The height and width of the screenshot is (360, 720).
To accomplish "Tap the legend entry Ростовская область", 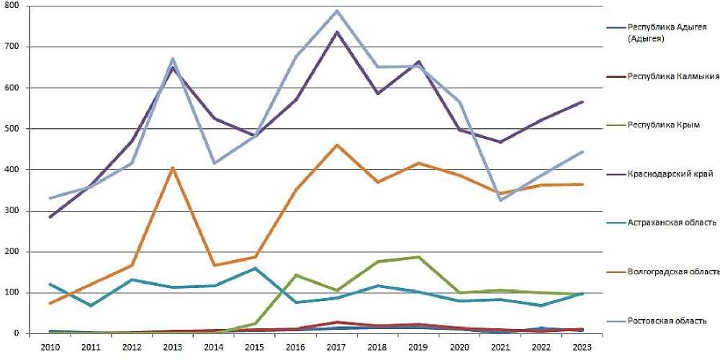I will click(667, 320).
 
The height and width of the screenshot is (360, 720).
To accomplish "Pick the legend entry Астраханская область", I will click(672, 222).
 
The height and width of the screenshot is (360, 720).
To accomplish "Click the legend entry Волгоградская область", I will click(674, 271).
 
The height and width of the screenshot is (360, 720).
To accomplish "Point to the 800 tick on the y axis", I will click(14, 6).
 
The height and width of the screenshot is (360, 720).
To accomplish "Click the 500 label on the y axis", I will click(14, 129).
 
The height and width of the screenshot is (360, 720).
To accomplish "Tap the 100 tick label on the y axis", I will click(14, 293).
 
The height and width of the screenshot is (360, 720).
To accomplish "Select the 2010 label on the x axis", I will click(50, 347).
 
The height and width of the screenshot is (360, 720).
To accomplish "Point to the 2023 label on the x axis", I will click(582, 347).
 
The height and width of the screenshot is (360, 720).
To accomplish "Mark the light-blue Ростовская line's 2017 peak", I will click(336, 11).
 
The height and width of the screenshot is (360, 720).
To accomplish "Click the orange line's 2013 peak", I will click(173, 168).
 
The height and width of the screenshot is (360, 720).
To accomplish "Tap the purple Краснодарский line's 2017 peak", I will click(336, 32).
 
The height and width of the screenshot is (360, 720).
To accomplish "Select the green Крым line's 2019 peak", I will click(418, 256).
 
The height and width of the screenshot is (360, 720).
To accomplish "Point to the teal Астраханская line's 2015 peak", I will click(255, 269).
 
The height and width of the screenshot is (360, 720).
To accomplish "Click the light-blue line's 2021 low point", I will click(500, 200).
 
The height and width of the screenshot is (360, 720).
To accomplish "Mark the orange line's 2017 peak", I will click(336, 145).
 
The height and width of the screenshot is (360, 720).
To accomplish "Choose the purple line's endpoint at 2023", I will click(582, 102).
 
